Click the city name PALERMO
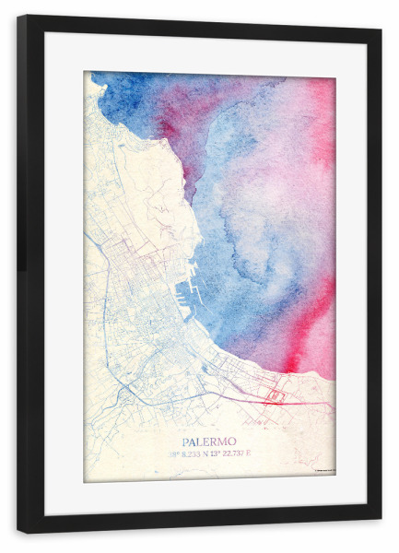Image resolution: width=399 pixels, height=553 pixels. [209, 441]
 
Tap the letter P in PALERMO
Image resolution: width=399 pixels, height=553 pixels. [186, 441]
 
